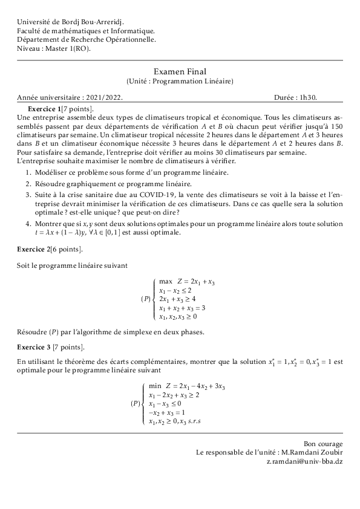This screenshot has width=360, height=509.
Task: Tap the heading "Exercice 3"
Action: tap(34, 347)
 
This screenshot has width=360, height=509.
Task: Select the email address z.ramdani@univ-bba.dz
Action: tap(305, 461)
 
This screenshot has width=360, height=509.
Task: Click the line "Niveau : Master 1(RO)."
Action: tap(54, 48)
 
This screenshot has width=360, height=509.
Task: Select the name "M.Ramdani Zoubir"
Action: tap(312, 452)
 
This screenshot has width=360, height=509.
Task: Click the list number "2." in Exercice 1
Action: tap(28, 183)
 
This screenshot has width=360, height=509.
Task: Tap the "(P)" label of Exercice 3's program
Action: tap(136, 403)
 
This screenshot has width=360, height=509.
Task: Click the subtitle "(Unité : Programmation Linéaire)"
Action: tap(180, 81)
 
